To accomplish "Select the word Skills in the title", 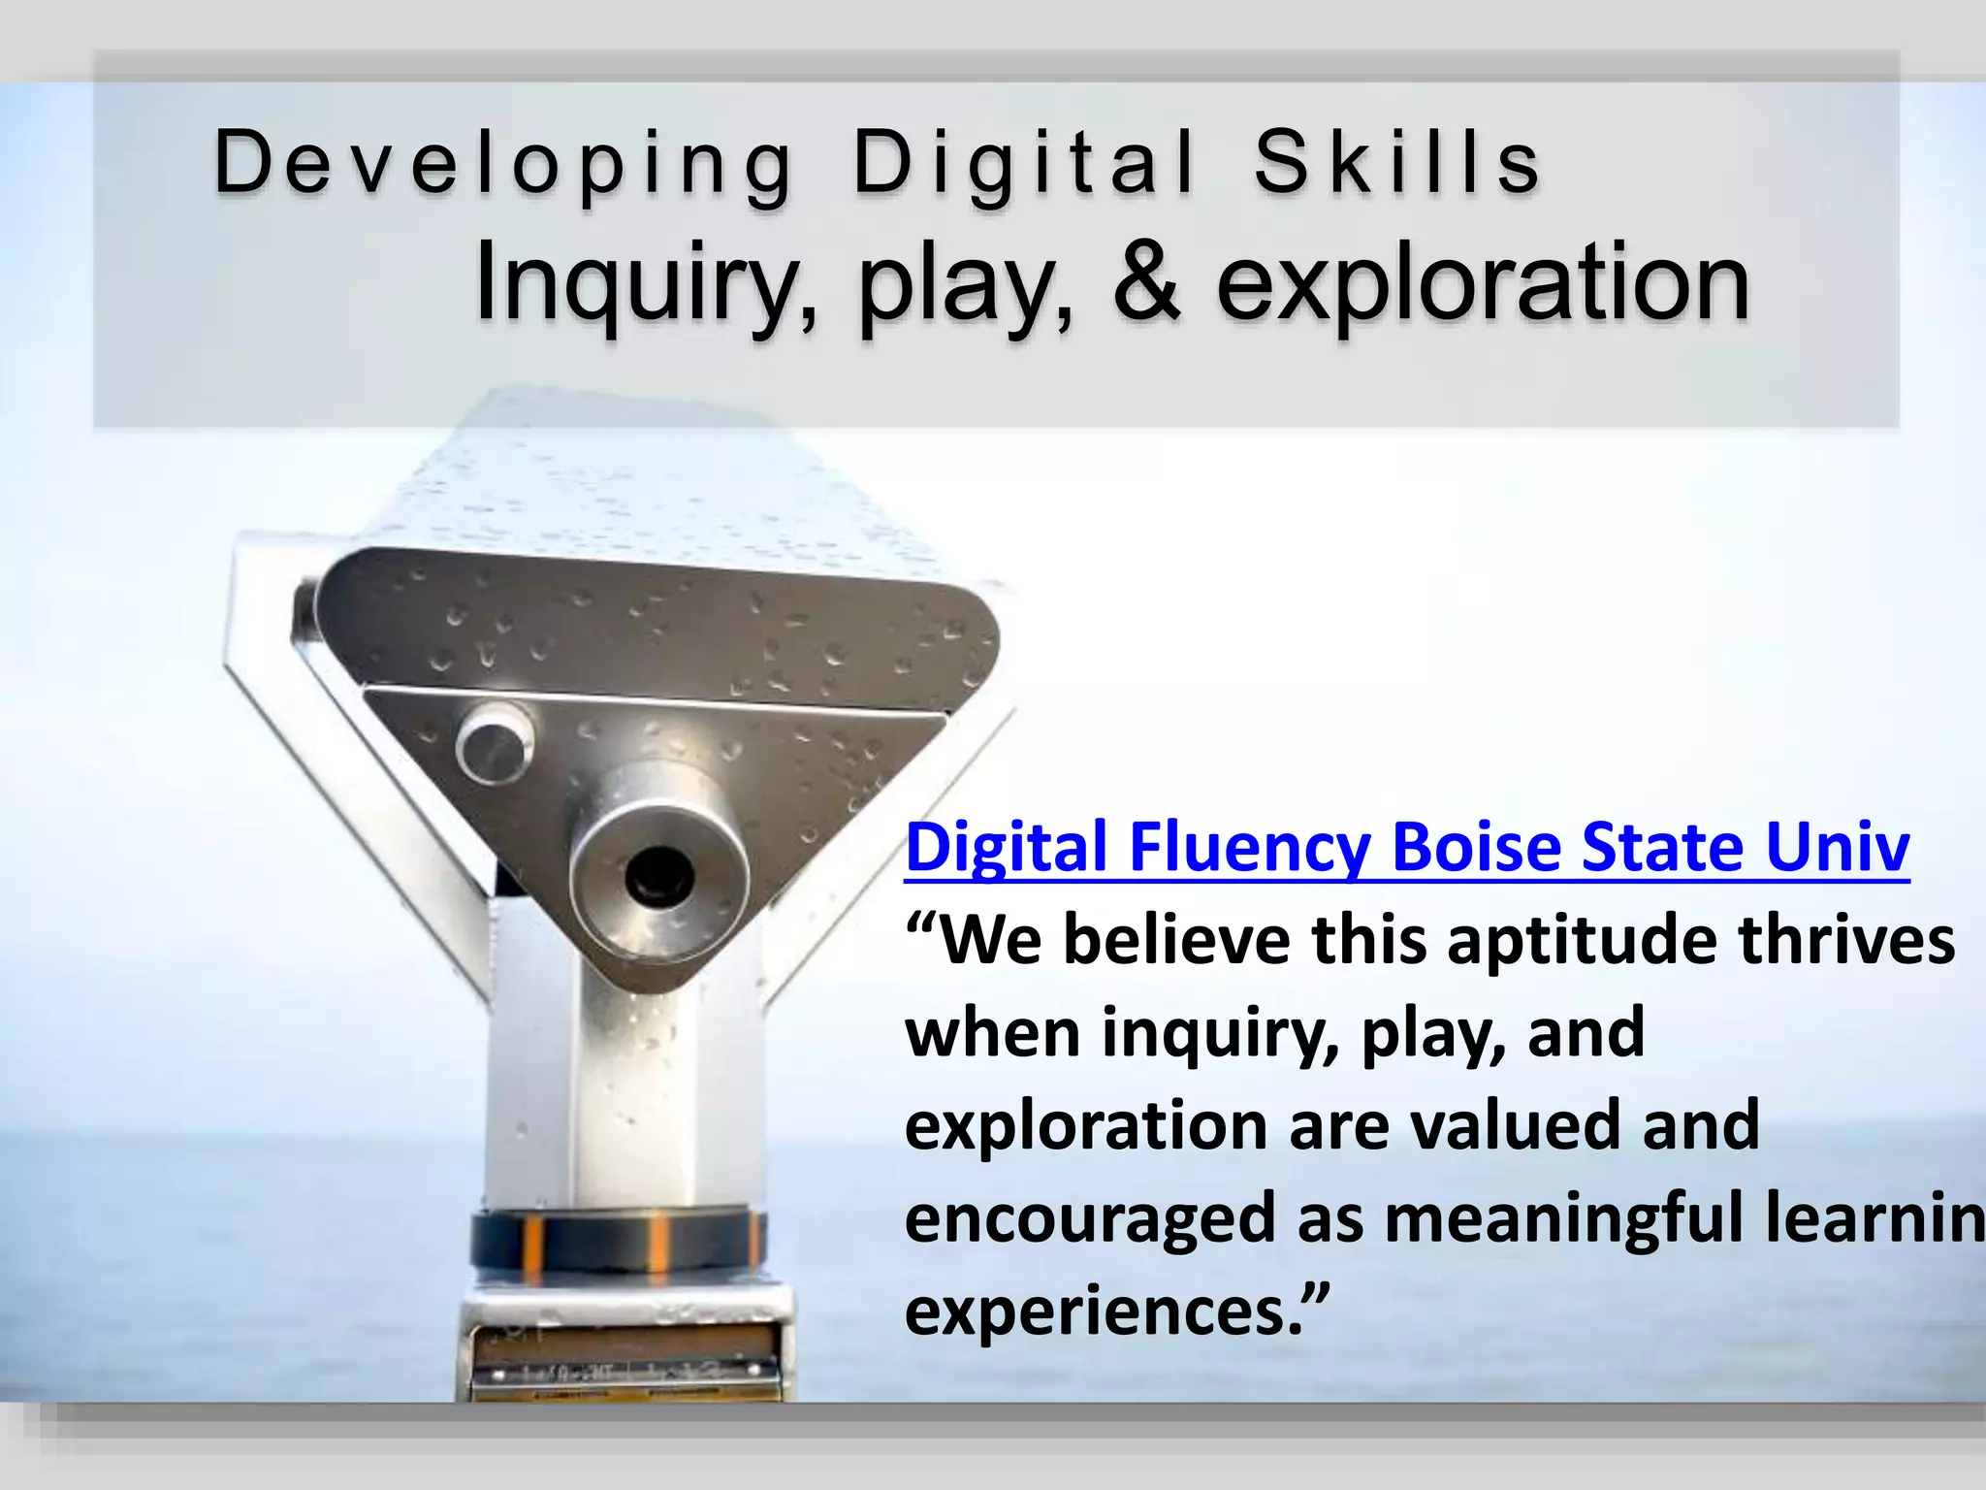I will pos(1396,163).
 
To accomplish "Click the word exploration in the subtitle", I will pos(1483,284).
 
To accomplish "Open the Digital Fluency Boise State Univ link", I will pos(1407,848).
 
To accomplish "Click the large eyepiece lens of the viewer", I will pos(659,873).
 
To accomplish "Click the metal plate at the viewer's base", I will pos(625,1358).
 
